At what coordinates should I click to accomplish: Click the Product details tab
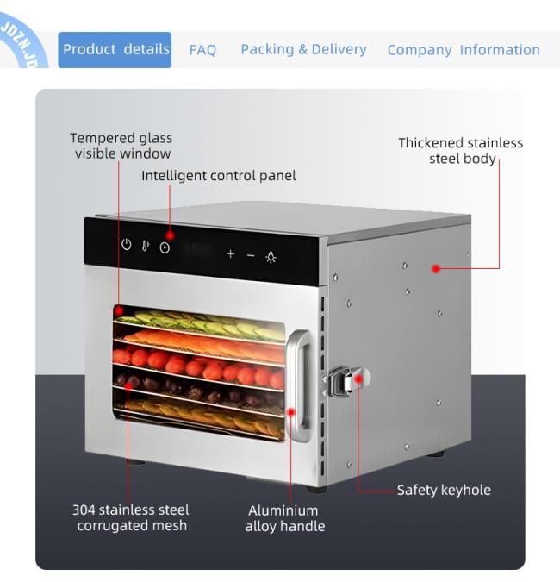point(115,50)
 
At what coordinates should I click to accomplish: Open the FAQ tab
point(202,50)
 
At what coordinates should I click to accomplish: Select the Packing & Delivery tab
point(303,49)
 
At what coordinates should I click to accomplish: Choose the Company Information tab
point(464,50)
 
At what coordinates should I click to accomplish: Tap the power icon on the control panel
point(127,244)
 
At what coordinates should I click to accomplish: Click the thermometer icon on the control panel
point(146,246)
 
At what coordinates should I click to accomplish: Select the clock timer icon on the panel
point(165,247)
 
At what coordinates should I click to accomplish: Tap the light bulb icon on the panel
point(271,257)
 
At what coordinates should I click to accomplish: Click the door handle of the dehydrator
point(302,386)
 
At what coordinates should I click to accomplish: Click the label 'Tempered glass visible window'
point(121,146)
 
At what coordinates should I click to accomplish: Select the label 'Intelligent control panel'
point(219,176)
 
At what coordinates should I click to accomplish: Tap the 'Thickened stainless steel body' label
point(461,151)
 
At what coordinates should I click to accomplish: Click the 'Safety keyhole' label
point(444,490)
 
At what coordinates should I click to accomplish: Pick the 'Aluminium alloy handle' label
point(284,518)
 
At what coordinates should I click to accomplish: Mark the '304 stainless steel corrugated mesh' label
point(131,517)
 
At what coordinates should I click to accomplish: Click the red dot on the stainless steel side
point(436,268)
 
